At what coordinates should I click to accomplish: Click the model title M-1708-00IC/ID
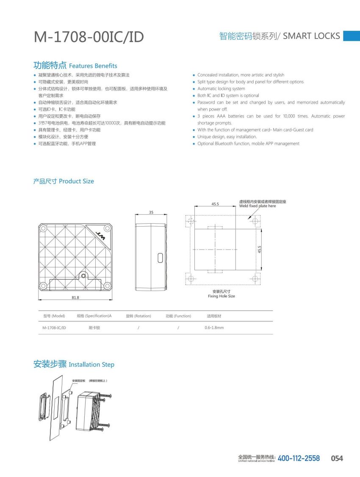(x=89, y=37)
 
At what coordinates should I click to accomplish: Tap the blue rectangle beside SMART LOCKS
(x=351, y=36)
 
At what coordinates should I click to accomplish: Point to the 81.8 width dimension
(x=75, y=298)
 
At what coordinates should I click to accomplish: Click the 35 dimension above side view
(x=151, y=212)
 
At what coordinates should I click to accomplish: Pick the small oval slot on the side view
(x=160, y=257)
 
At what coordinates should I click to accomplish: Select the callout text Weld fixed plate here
(x=258, y=206)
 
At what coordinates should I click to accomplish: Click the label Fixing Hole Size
(x=221, y=296)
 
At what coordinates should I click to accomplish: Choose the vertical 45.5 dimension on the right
(x=259, y=250)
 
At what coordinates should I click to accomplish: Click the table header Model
(x=54, y=316)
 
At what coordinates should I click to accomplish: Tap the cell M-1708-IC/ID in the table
(x=54, y=328)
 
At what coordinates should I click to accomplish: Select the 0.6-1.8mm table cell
(x=214, y=328)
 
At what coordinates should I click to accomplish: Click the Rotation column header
(x=138, y=316)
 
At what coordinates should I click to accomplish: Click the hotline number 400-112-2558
(x=299, y=458)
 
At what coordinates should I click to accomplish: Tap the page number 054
(x=337, y=458)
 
